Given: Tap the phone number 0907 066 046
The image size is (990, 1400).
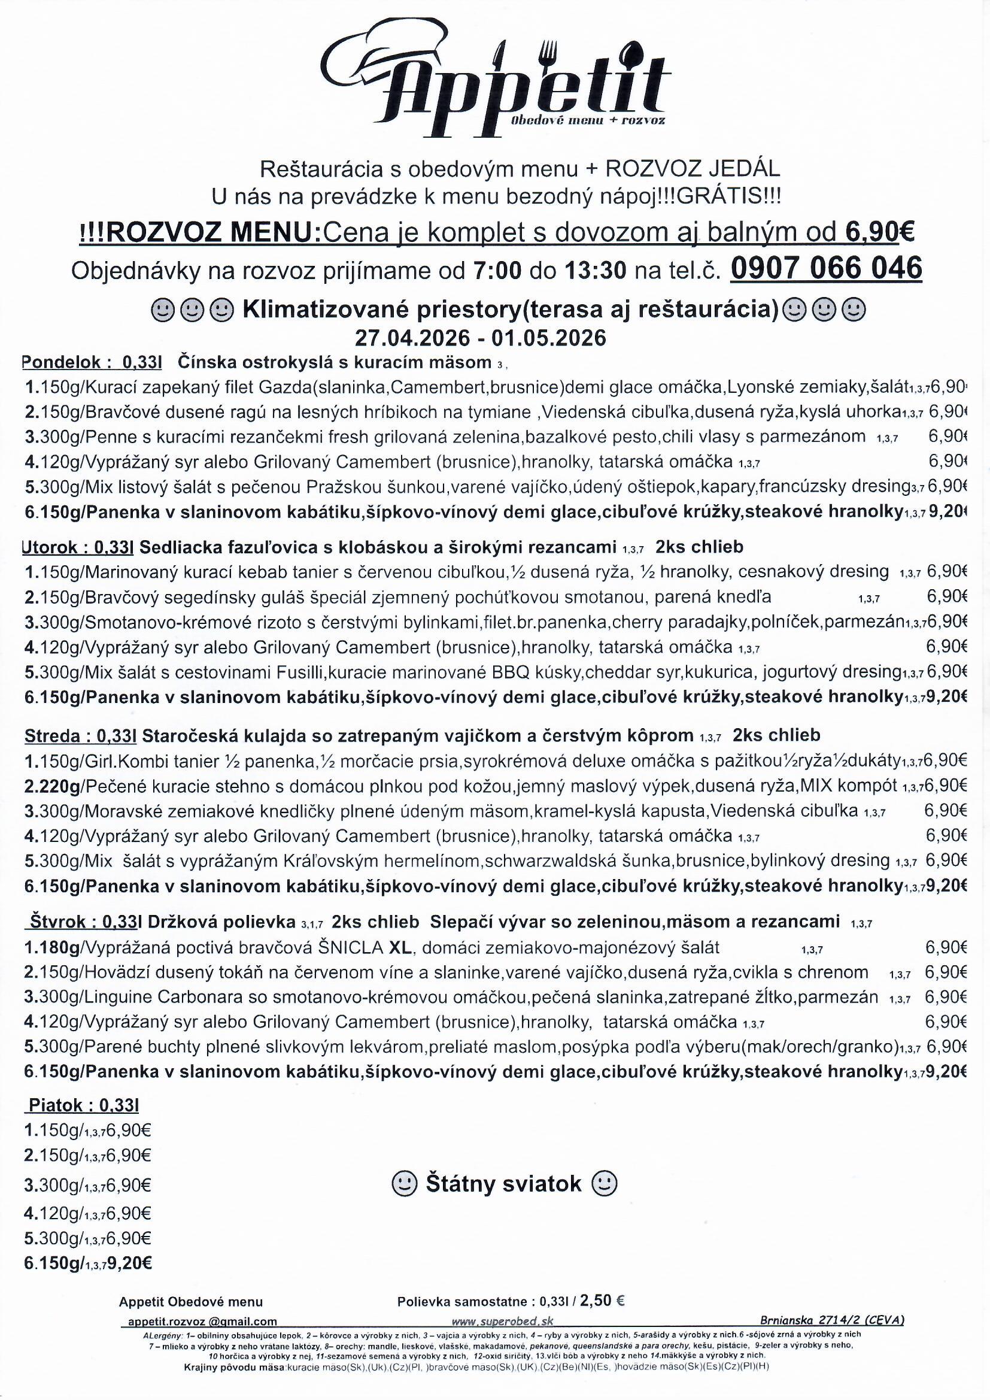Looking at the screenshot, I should click(x=825, y=268).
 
